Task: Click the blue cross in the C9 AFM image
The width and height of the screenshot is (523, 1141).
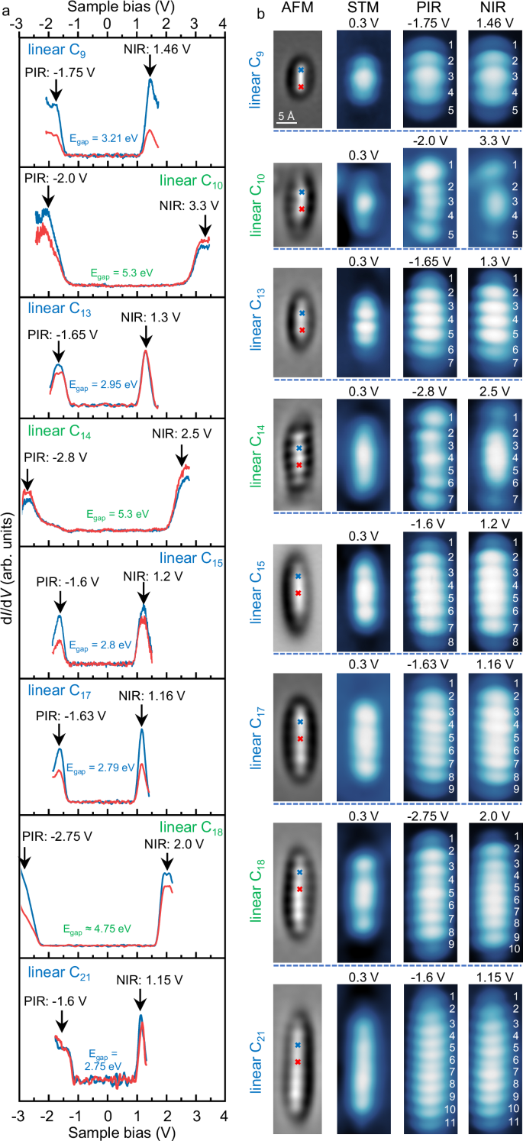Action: tap(301, 69)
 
